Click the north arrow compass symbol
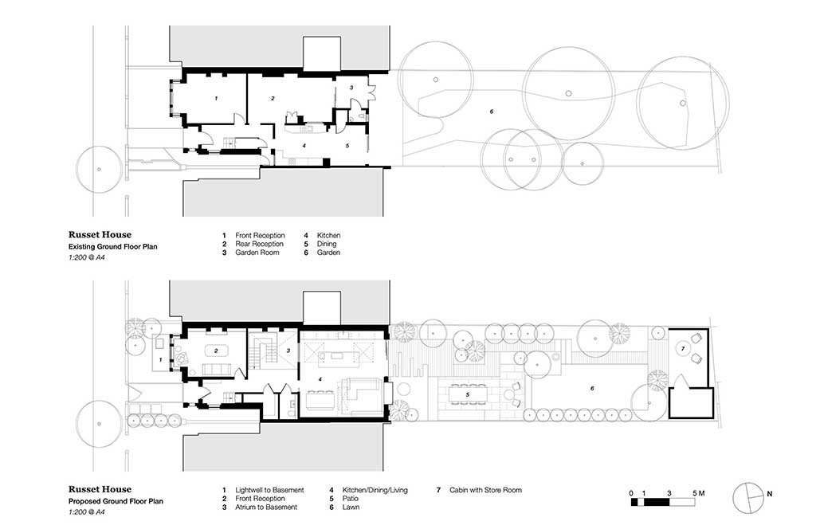[747, 497]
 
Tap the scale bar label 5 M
[698, 493]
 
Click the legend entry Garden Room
[257, 253]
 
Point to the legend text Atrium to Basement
[266, 507]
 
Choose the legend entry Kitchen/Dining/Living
[375, 490]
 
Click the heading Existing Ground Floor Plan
[113, 246]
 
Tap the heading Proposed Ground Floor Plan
[116, 501]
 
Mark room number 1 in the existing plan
[216, 98]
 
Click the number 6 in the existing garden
[491, 112]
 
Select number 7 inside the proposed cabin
[683, 348]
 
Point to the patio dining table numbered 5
[467, 395]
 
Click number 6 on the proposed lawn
[592, 389]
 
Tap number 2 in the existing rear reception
[273, 98]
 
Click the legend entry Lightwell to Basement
[269, 490]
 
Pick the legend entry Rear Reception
[259, 244]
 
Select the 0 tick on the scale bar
[631, 493]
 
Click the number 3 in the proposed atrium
[288, 351]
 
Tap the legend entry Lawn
[351, 507]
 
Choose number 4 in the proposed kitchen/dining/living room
[320, 380]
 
